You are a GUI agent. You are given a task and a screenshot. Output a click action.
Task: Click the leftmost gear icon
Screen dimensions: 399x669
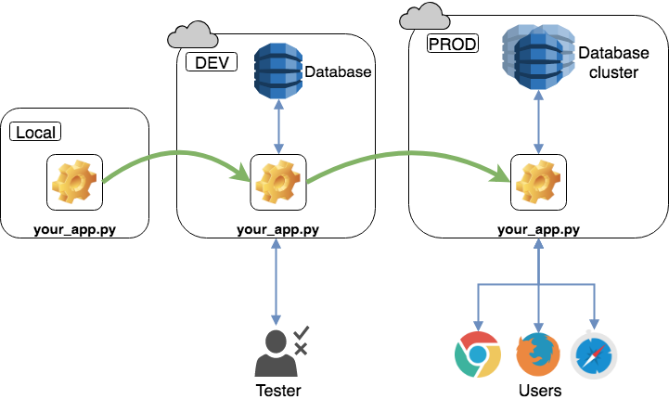coord(74,182)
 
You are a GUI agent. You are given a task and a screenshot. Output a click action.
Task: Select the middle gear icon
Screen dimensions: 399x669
coord(277,182)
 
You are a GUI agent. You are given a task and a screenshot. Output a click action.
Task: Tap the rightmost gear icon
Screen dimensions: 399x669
coord(538,182)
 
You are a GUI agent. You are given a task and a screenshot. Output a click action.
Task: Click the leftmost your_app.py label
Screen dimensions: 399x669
coord(74,229)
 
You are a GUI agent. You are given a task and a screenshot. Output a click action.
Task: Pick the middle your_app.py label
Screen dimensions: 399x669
coord(277,229)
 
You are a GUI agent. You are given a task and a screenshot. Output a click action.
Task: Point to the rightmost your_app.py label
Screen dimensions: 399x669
coord(538,229)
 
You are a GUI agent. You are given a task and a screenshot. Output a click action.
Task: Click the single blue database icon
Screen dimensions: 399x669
coord(277,71)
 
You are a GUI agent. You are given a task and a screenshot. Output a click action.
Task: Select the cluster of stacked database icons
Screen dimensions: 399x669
coord(538,56)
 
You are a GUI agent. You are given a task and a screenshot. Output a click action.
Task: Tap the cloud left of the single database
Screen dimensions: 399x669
coord(192,36)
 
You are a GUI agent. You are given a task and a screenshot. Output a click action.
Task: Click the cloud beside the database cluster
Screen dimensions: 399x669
coord(424,17)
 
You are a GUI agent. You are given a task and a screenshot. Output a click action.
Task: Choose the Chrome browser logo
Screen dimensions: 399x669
coord(478,354)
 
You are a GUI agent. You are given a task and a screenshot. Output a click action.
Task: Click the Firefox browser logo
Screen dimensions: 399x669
coord(538,354)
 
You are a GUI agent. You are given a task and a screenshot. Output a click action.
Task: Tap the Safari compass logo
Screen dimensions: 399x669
coord(593,355)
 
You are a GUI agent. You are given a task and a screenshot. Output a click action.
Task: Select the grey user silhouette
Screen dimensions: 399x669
coord(275,354)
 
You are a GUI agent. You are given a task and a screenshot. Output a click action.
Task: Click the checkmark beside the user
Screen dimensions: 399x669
coord(301,332)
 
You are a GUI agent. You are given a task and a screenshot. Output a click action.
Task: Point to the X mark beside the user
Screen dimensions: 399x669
coord(301,349)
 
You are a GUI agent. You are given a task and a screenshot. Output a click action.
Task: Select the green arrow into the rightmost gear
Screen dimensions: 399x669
coord(408,154)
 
